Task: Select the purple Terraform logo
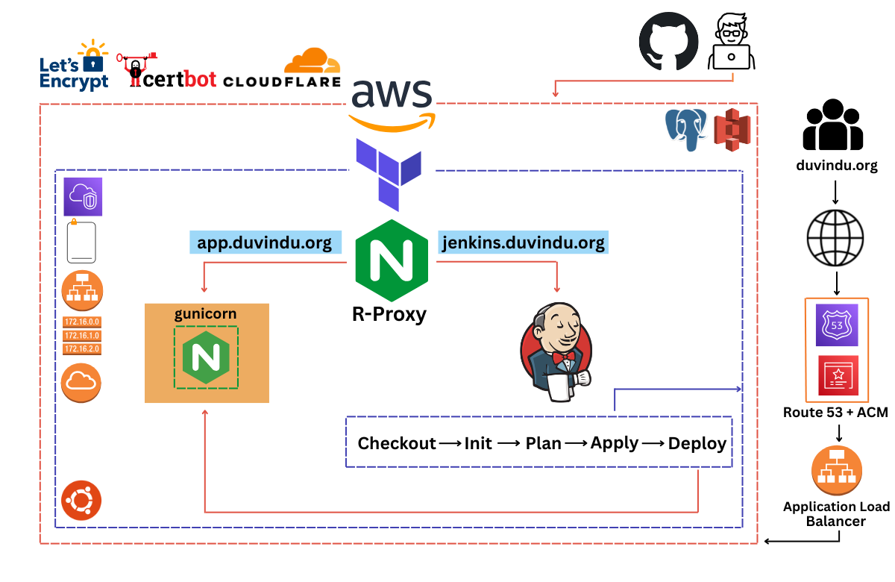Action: click(x=389, y=173)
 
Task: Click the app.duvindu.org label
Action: click(x=265, y=242)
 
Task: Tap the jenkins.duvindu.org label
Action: click(x=522, y=242)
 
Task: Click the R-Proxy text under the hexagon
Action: click(x=389, y=314)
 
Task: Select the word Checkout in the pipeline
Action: click(x=396, y=443)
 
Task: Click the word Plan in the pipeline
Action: click(x=543, y=443)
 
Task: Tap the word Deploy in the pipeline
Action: click(x=697, y=443)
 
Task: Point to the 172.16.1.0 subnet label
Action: click(x=82, y=335)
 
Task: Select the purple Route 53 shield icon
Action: click(x=837, y=325)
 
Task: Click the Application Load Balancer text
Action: click(x=836, y=513)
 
